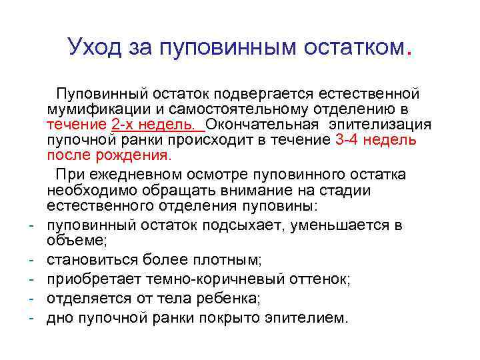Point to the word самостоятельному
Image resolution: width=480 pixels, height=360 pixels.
coord(249,108)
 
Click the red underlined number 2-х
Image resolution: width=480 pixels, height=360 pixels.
coord(127,124)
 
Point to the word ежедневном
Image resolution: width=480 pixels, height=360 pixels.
coord(144,175)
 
